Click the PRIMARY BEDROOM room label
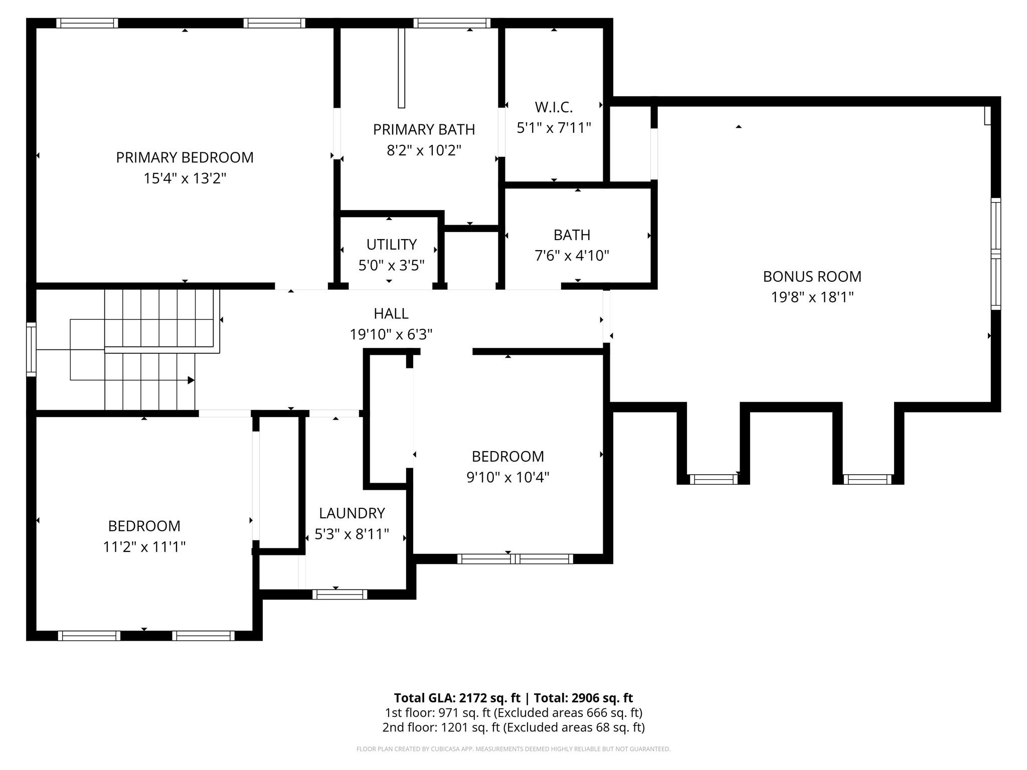[185, 157]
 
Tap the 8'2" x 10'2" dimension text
[424, 150]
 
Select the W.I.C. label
[554, 107]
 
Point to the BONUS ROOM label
[812, 277]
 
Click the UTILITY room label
[391, 245]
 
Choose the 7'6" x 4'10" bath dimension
[572, 256]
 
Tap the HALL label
[391, 314]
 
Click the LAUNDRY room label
[352, 513]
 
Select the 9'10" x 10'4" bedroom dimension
[507, 477]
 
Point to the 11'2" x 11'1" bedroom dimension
[144, 546]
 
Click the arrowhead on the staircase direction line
[191, 380]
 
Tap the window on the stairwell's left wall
[31, 349]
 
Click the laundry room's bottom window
[340, 595]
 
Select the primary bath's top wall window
[452, 23]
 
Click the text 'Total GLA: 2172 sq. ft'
[457, 698]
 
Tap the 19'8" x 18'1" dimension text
[812, 297]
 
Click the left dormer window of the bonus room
[714, 479]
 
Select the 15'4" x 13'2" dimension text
[185, 178]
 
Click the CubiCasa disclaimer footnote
[513, 749]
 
